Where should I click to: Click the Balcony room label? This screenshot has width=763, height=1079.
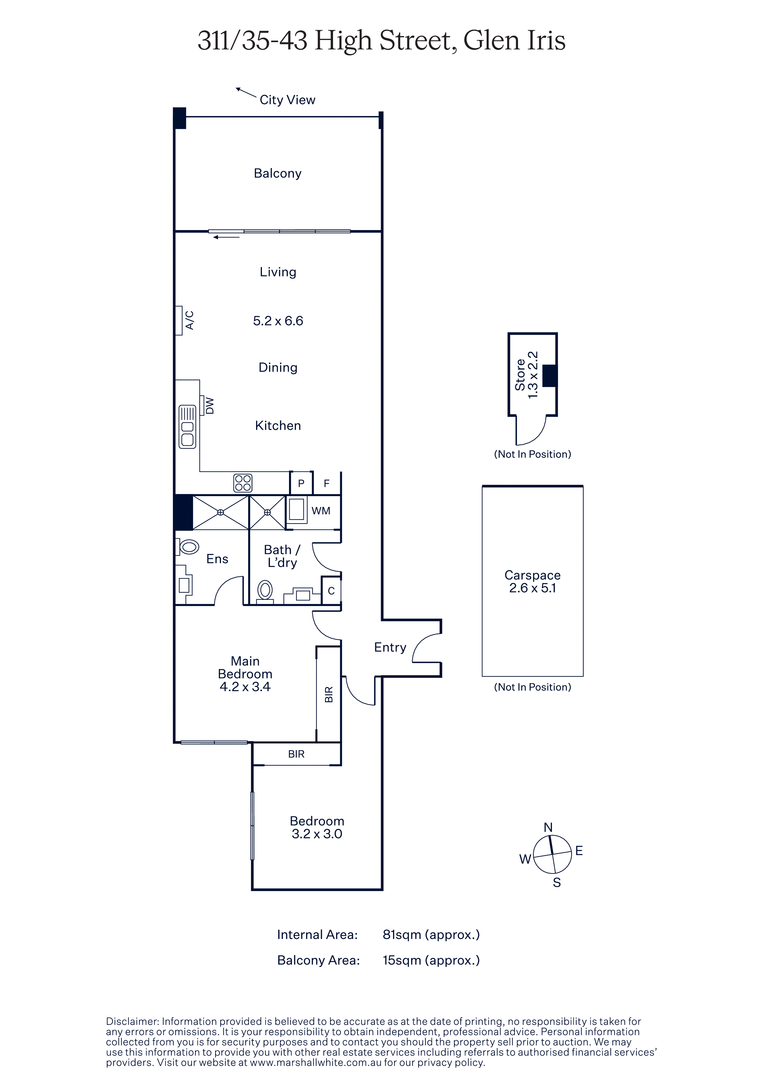(x=277, y=173)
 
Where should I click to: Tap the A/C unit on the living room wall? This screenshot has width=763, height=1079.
(x=179, y=321)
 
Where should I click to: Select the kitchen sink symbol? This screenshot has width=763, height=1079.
(x=187, y=427)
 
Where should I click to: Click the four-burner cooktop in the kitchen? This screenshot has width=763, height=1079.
(x=243, y=483)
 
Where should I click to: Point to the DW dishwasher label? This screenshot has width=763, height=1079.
(x=210, y=406)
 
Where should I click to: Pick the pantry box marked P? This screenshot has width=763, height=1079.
(x=301, y=483)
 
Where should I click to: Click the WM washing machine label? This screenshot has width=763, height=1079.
(x=321, y=511)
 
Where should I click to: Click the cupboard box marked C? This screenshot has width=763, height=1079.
(x=331, y=591)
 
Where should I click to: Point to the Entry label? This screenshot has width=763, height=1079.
(x=390, y=647)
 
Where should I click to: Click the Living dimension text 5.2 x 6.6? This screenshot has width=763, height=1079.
(x=278, y=321)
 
